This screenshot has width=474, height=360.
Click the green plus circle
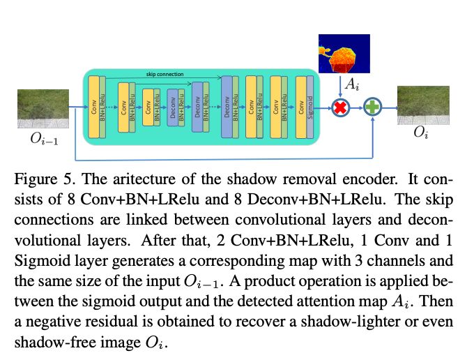[x=374, y=108]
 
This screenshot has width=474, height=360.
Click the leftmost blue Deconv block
[x=171, y=107]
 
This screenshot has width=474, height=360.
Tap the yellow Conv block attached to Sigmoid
[x=300, y=108]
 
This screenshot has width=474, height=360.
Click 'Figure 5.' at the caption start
[x=43, y=177]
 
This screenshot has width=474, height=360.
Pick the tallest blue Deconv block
[x=225, y=107]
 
